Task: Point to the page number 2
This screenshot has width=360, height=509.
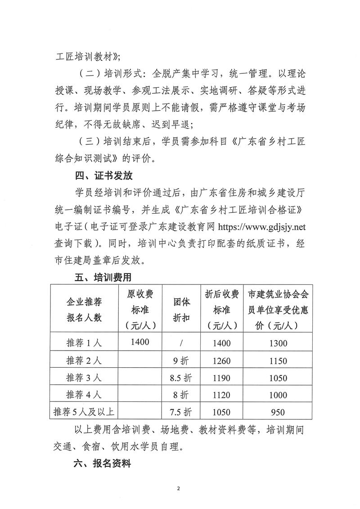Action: pos(179,488)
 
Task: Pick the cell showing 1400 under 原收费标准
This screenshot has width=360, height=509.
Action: pos(140,342)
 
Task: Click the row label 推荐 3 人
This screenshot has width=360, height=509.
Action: pos(84,378)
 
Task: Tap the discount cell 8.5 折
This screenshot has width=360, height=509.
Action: pos(181,378)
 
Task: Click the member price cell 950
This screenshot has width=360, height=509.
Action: pos(278,412)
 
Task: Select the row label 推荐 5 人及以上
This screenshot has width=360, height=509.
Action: pos(84,412)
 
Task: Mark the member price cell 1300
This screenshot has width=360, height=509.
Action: pos(278,343)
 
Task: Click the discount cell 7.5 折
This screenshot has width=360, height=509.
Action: pos(181,412)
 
